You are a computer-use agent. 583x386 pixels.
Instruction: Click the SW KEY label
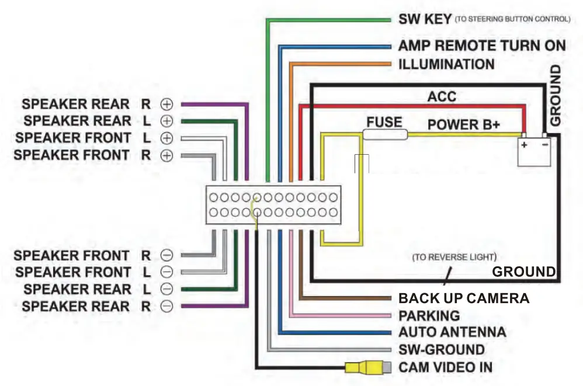pos(425,19)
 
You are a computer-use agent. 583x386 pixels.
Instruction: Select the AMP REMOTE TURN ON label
pos(482,46)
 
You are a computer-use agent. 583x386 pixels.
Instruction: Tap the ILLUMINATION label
pos(446,64)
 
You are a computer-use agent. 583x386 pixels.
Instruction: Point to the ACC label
pos(442,96)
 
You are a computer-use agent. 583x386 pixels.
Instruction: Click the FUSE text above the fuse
pos(384,123)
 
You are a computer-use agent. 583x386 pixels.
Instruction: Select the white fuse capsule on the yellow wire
pos(385,135)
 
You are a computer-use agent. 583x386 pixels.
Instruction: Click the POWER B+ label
pos(466,124)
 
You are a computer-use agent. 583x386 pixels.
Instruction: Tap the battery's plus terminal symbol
pos(525,145)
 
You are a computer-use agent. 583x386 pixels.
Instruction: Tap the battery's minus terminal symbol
pos(544,145)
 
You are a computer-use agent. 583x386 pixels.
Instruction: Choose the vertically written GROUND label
pos(556,95)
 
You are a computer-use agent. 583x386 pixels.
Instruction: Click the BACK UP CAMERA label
pos(463,298)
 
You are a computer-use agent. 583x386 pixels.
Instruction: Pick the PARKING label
pos(429,316)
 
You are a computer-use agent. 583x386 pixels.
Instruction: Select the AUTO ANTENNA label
pos(452,332)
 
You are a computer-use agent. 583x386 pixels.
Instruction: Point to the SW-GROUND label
pos(441,350)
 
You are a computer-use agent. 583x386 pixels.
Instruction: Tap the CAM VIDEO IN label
pos(445,367)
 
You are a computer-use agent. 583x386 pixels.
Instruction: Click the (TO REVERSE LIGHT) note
pos(453,257)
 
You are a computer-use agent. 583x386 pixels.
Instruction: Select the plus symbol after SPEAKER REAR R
pos(167,105)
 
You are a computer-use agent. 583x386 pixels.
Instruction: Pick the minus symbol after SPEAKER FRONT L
pos(167,272)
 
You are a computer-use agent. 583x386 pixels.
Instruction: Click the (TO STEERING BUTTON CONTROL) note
pos(512,19)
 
